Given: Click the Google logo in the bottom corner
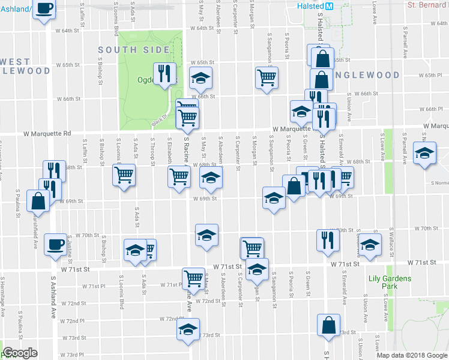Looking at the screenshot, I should coord(20,353).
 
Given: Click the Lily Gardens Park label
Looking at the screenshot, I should coord(390,282).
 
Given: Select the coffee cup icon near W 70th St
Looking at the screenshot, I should coord(56,244).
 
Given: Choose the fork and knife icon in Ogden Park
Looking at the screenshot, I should coord(164,74).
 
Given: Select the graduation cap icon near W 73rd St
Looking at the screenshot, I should coord(188,329).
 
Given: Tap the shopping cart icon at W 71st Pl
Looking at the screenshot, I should coord(193,278).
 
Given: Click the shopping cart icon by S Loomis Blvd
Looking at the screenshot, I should coord(124,175).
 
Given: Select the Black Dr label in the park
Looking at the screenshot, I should coord(158,121).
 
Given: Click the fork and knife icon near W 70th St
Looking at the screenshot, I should coord(329,239).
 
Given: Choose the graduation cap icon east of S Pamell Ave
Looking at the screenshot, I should coord(424,153).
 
